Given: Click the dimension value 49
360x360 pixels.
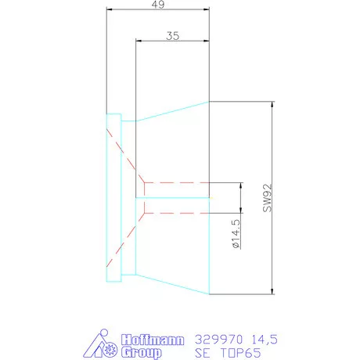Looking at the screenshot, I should pos(158,5).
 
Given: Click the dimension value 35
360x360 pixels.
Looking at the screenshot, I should pos(174,35).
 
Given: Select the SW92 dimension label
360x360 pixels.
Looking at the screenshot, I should pos(267,199).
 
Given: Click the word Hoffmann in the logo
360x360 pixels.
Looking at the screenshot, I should pos(154,340).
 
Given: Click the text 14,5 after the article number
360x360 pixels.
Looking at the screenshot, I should pos(262,339).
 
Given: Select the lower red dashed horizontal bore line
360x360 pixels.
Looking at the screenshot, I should pos(176,211).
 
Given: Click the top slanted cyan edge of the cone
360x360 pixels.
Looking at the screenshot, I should pos(172,111).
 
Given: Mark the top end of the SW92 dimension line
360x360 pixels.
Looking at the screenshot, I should pos(272,102).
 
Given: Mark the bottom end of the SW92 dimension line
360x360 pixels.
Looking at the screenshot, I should pos(272,294).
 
